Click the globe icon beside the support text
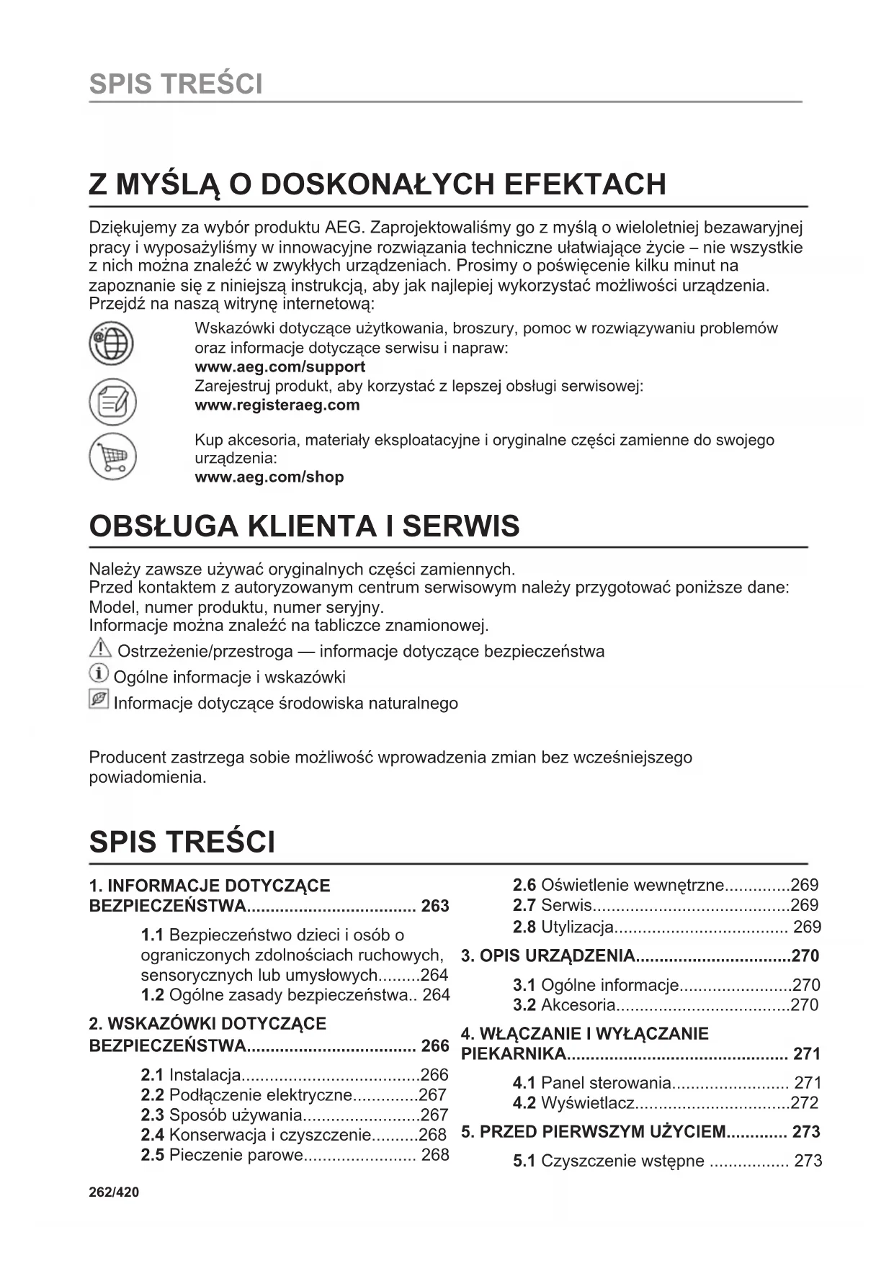click(x=111, y=343)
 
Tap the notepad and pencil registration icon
click(x=112, y=400)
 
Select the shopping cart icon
click(x=112, y=457)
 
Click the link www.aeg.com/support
click(x=280, y=367)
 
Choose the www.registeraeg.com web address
click(x=277, y=405)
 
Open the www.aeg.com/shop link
click(x=269, y=477)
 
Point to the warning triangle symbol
click(x=99, y=650)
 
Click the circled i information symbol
click(x=99, y=675)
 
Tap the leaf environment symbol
click(x=99, y=700)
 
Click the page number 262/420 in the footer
click(x=114, y=1192)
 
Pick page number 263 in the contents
click(x=435, y=906)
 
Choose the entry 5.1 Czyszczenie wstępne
click(x=609, y=1161)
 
